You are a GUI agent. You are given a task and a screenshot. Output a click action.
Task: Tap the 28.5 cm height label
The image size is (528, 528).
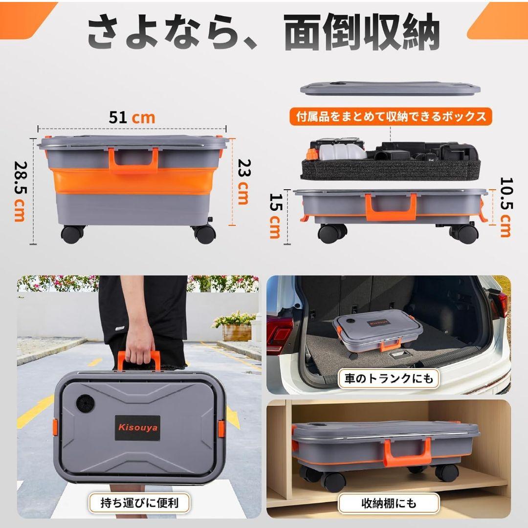[x=20, y=191]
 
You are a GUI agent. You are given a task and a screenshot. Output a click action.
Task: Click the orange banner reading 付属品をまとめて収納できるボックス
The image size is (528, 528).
[x=391, y=116]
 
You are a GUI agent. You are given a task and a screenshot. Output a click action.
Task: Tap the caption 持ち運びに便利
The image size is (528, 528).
[x=139, y=502]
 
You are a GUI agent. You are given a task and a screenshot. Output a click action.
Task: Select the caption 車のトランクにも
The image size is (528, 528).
[x=388, y=378]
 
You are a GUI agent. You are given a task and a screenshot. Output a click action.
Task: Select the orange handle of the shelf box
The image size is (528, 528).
[x=407, y=452]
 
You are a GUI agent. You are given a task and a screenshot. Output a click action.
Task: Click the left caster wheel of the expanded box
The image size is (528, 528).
[x=73, y=234]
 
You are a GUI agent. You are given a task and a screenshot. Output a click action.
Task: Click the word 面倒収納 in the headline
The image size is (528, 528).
[x=362, y=33]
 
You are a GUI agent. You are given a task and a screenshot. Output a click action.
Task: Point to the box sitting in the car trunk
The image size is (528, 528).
[x=377, y=332]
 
